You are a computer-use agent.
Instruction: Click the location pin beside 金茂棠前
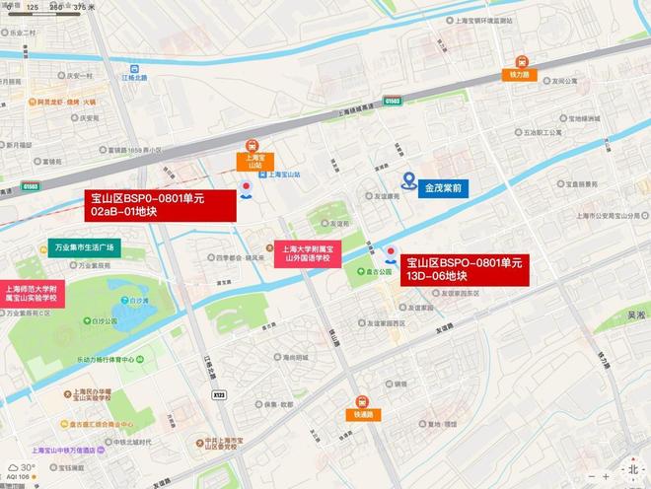tap(407, 180)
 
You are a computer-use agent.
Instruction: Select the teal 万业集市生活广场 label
tap(83, 247)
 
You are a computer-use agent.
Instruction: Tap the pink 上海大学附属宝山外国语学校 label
tap(307, 254)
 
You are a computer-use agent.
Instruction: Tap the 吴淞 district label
tap(636, 315)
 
